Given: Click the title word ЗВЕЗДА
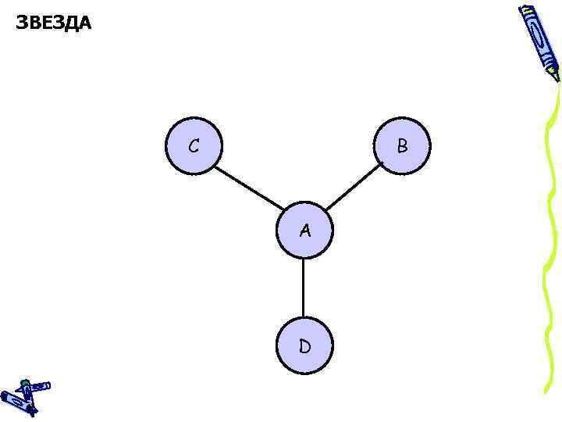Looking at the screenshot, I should (53, 23).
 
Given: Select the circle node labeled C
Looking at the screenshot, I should (194, 145).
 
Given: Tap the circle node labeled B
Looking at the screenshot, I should (402, 145).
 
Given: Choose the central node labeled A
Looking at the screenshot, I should (304, 231).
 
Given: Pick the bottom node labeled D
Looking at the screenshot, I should (304, 345).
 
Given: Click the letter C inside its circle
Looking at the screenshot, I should (193, 146).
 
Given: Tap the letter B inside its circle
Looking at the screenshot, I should (402, 145).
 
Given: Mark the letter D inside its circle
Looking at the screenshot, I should (304, 346).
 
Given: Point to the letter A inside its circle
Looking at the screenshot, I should (304, 231).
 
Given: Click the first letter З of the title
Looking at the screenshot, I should (22, 23).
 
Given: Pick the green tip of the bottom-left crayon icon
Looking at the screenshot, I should (25, 383).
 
